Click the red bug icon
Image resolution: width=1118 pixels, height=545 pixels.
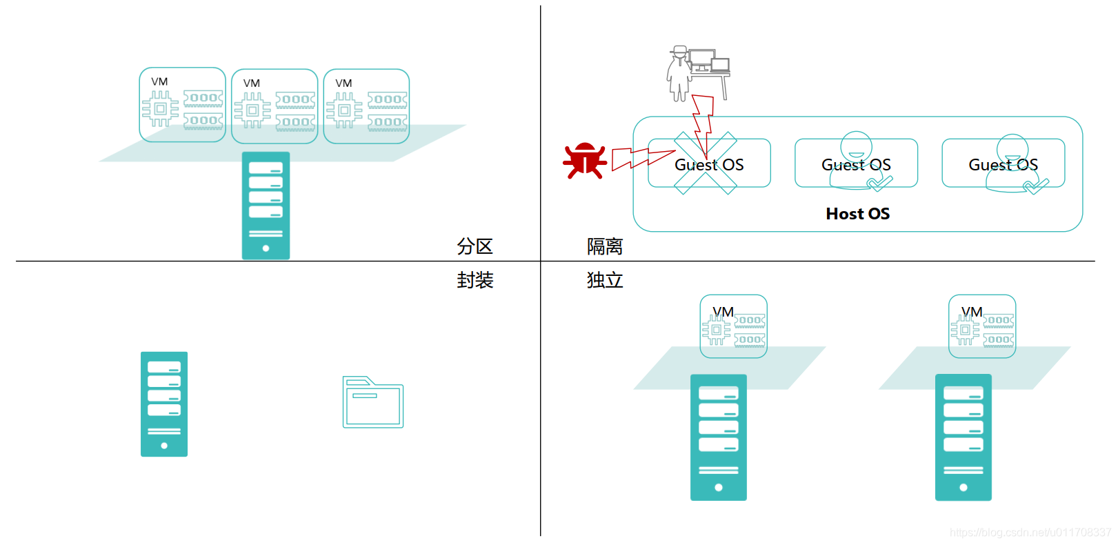(x=585, y=161)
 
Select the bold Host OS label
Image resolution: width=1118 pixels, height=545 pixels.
(x=857, y=214)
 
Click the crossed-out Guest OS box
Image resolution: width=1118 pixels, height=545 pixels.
(x=708, y=163)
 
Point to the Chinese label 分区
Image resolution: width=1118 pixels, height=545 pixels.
(x=475, y=246)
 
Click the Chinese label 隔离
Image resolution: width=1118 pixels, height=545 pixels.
(x=605, y=246)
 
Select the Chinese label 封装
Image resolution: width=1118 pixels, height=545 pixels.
(x=475, y=280)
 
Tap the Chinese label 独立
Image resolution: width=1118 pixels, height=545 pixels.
(x=605, y=280)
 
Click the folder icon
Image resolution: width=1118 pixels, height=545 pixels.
(x=373, y=402)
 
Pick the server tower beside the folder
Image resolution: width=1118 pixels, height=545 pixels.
(x=164, y=404)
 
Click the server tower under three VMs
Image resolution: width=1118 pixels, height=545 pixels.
(x=266, y=206)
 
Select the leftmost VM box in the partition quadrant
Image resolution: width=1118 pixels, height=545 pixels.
(x=183, y=105)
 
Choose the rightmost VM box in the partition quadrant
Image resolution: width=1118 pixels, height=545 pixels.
(x=366, y=106)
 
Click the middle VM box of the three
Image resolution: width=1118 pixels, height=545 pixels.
(x=274, y=106)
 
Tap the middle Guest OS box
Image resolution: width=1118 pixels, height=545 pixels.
(x=856, y=163)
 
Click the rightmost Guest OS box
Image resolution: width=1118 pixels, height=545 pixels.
(x=1003, y=163)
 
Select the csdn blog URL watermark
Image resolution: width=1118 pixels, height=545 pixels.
(x=1030, y=532)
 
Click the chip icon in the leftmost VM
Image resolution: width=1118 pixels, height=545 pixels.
(x=160, y=109)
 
